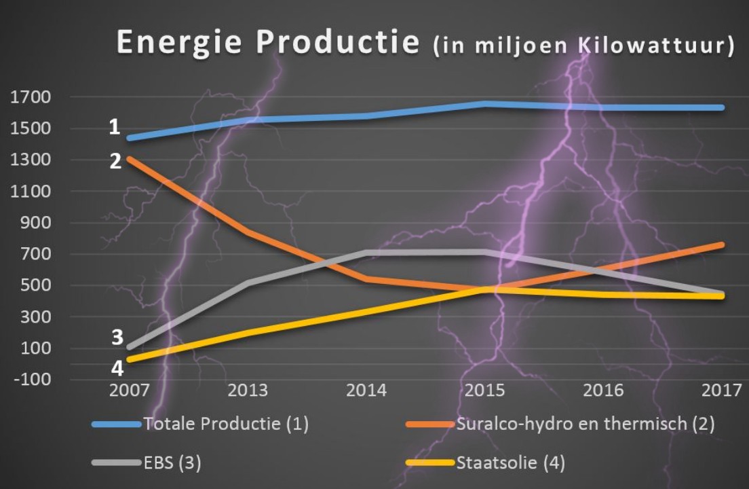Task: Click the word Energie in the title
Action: (x=167, y=42)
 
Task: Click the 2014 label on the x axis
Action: (x=367, y=391)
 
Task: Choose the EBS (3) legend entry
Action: (x=172, y=463)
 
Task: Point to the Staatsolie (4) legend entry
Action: (x=510, y=463)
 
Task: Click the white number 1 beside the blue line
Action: (x=115, y=126)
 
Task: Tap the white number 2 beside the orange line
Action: (x=115, y=162)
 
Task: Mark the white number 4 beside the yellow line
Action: (x=117, y=367)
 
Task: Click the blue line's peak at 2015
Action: (x=484, y=104)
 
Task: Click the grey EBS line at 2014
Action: (x=367, y=253)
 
